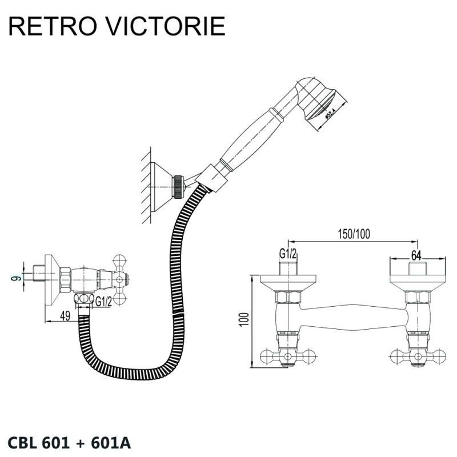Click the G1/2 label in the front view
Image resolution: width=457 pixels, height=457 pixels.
click(x=288, y=254)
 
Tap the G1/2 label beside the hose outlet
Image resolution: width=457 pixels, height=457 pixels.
click(x=103, y=301)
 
